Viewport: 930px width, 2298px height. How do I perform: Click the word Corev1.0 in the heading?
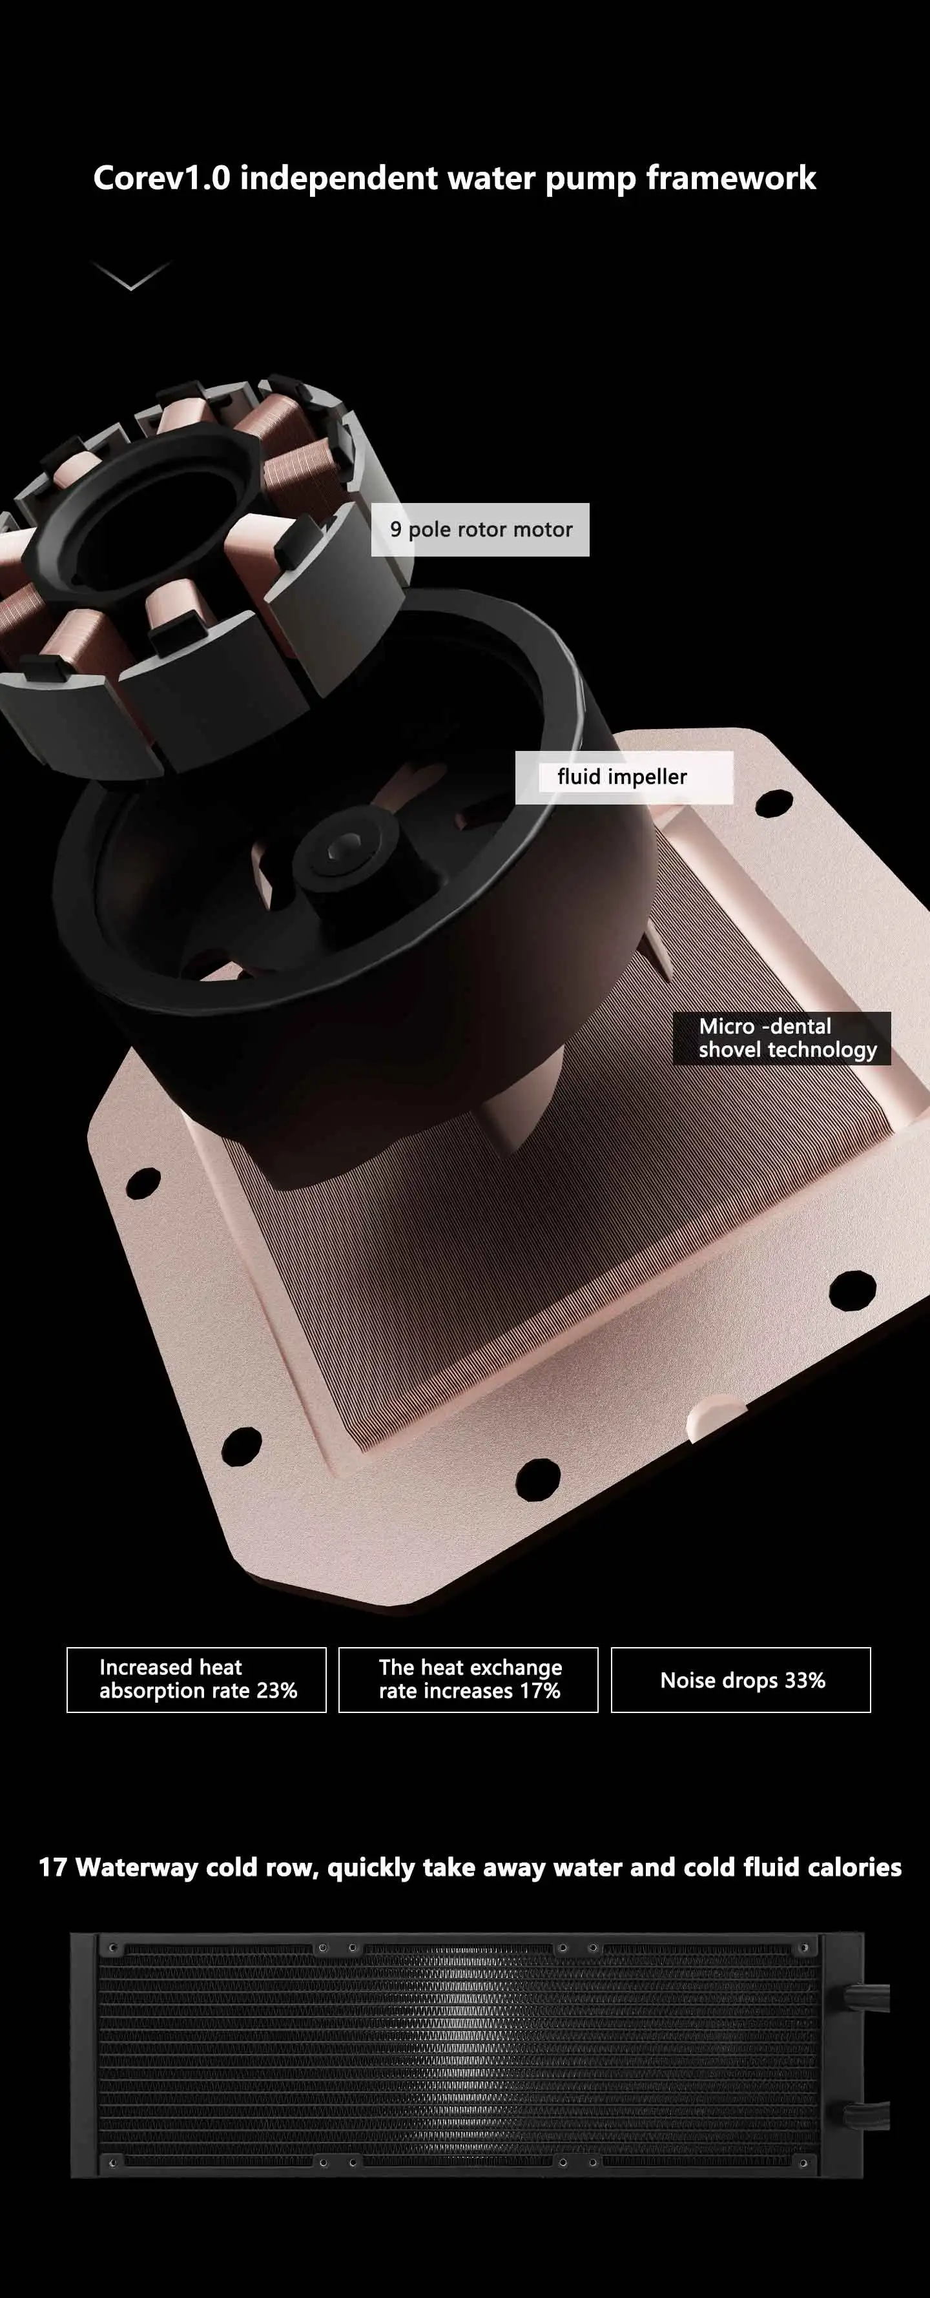[x=161, y=178]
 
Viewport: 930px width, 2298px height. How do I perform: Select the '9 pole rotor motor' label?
[x=480, y=530]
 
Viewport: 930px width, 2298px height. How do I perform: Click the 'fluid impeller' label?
[x=624, y=777]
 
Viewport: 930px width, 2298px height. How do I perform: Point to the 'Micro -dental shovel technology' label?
[x=782, y=1038]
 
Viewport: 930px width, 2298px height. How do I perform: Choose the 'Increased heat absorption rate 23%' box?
[x=196, y=1680]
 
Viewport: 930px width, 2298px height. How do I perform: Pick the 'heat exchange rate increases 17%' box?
[x=469, y=1680]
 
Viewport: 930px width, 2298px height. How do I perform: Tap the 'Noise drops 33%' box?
[x=741, y=1680]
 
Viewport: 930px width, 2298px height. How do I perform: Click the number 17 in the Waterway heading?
[x=53, y=1867]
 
